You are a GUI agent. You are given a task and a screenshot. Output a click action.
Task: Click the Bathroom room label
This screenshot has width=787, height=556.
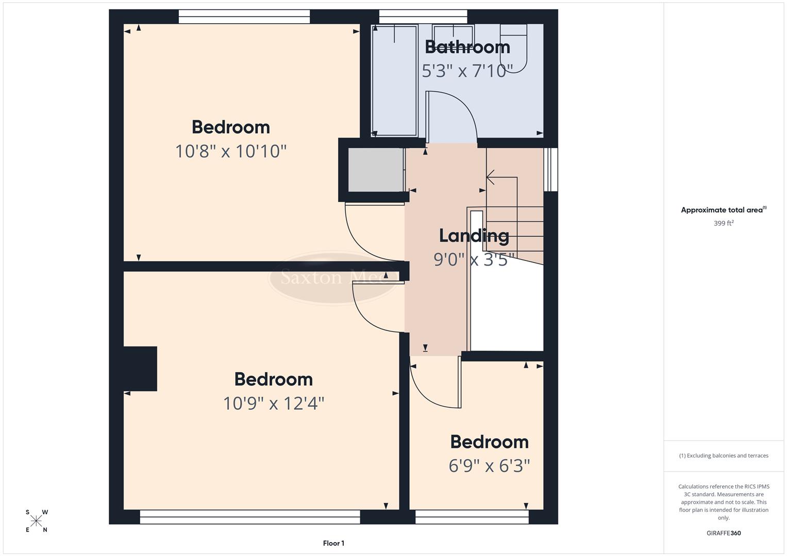coord(467,47)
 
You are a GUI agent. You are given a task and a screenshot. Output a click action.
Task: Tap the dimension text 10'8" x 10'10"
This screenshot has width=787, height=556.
coord(230,151)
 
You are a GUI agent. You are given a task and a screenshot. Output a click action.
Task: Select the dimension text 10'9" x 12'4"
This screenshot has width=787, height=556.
coord(273,403)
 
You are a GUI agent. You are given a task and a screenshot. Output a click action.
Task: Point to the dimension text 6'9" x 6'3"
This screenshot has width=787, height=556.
coord(489,466)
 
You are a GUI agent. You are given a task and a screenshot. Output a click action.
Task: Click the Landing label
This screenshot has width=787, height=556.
coord(474,236)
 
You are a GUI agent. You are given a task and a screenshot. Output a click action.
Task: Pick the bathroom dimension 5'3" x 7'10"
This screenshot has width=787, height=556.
coord(467,71)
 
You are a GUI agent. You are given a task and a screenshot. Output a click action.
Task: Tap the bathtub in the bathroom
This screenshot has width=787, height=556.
coord(394,80)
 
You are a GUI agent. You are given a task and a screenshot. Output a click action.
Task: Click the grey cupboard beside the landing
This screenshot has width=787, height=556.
coord(375,170)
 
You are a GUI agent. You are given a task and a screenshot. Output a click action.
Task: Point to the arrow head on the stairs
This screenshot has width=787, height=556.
coord(490,177)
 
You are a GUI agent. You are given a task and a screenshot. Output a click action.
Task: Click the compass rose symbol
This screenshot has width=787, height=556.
coord(36,521)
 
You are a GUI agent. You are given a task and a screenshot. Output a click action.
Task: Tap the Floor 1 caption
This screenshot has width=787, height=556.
coord(333,543)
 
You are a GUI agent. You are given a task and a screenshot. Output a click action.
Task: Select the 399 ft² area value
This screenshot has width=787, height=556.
coord(724,223)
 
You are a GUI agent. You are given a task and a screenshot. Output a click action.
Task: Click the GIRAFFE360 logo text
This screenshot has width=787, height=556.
coord(724,533)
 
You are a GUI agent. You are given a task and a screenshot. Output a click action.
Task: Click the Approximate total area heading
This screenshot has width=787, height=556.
coord(724,210)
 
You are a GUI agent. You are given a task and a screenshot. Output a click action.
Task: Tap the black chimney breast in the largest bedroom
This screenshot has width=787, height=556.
coord(140,369)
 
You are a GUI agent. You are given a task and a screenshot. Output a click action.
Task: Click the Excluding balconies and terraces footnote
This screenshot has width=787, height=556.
coord(724,456)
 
